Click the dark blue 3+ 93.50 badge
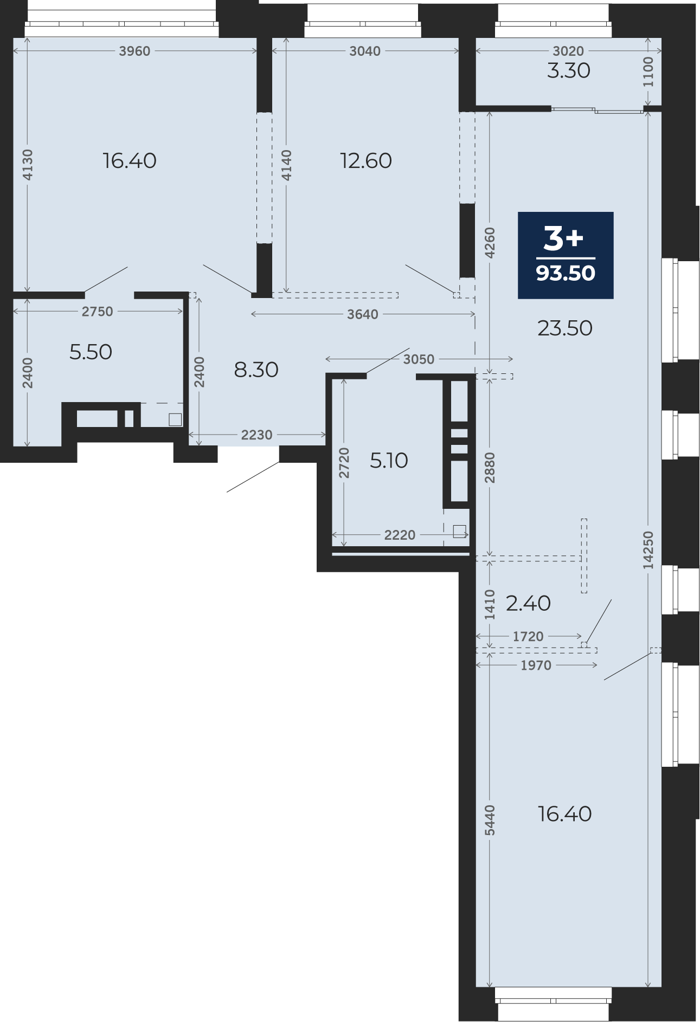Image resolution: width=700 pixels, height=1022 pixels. pyautogui.click(x=566, y=255)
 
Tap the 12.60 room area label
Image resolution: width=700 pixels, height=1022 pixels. pyautogui.click(x=366, y=161)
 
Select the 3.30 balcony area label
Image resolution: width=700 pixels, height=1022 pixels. pyautogui.click(x=568, y=71)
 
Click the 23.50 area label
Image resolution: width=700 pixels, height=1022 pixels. pyautogui.click(x=565, y=328)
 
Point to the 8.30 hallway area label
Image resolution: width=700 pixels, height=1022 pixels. pyautogui.click(x=256, y=370)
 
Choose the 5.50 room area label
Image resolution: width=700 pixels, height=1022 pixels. pyautogui.click(x=91, y=352)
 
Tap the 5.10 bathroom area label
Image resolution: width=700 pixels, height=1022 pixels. pyautogui.click(x=389, y=461)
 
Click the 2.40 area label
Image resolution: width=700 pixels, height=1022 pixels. pyautogui.click(x=528, y=603)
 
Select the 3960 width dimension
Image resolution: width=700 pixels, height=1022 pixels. pyautogui.click(x=134, y=51)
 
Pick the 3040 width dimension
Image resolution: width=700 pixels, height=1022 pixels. pyautogui.click(x=365, y=51)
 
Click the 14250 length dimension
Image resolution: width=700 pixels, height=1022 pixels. pyautogui.click(x=648, y=550)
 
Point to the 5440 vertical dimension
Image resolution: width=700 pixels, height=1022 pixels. pyautogui.click(x=490, y=820)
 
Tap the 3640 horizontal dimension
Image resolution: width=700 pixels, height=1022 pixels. pyautogui.click(x=363, y=314)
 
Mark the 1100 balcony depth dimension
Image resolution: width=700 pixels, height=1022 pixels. pyautogui.click(x=648, y=72)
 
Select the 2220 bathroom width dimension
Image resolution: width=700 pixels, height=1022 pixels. pyautogui.click(x=400, y=535)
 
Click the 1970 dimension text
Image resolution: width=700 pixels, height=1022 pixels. pyautogui.click(x=536, y=665)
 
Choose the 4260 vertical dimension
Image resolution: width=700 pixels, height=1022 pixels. pyautogui.click(x=490, y=243)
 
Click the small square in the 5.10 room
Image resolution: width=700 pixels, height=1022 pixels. pyautogui.click(x=459, y=531)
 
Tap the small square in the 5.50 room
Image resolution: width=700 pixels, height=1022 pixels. pyautogui.click(x=175, y=419)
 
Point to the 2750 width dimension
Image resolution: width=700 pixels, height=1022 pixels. pyautogui.click(x=98, y=312)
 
